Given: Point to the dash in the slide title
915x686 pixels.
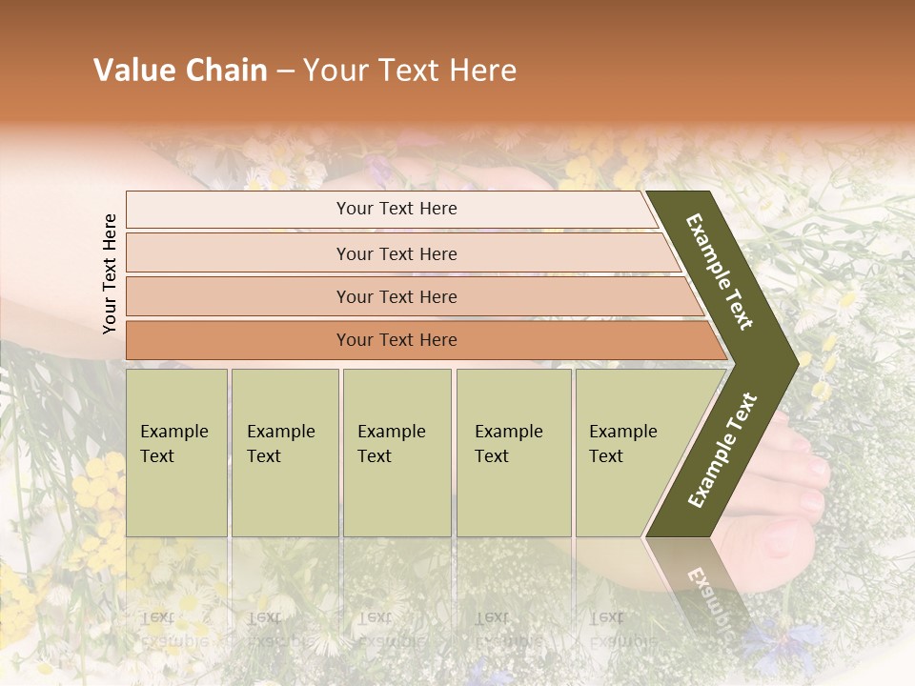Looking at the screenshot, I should [x=285, y=71].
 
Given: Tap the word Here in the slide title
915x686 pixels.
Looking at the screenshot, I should [x=482, y=71].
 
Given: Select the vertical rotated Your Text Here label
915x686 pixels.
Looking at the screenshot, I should [x=110, y=273].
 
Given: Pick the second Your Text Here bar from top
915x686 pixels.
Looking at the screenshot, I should [x=396, y=253].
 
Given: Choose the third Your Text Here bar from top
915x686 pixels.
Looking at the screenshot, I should [x=396, y=296].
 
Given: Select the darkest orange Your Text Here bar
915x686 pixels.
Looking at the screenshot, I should [x=396, y=340].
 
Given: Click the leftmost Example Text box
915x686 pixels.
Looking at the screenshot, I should [x=176, y=453].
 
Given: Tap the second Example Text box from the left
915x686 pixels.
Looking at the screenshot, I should [x=285, y=453].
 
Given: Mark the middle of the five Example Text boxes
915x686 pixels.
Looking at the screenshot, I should [x=396, y=453].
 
